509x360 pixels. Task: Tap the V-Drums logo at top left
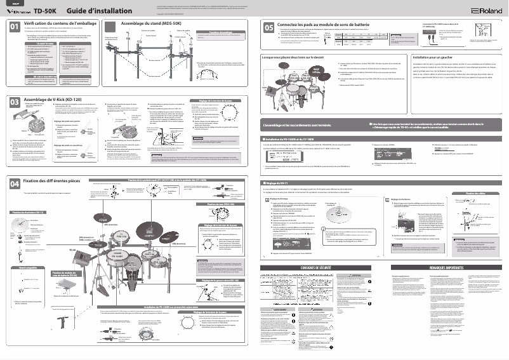18,11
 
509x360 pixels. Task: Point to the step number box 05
268,27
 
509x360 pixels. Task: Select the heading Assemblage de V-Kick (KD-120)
53,100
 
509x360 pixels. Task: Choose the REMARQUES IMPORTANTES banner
441,269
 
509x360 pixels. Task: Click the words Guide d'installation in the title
99,11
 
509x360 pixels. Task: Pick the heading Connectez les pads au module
323,23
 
